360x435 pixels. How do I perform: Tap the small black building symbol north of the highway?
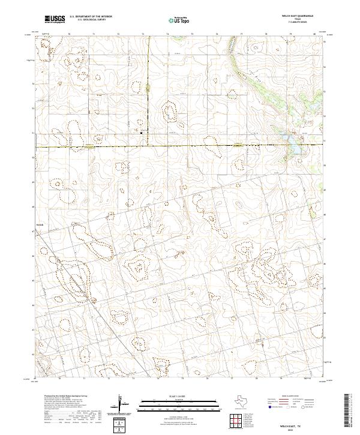(x=142, y=133)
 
